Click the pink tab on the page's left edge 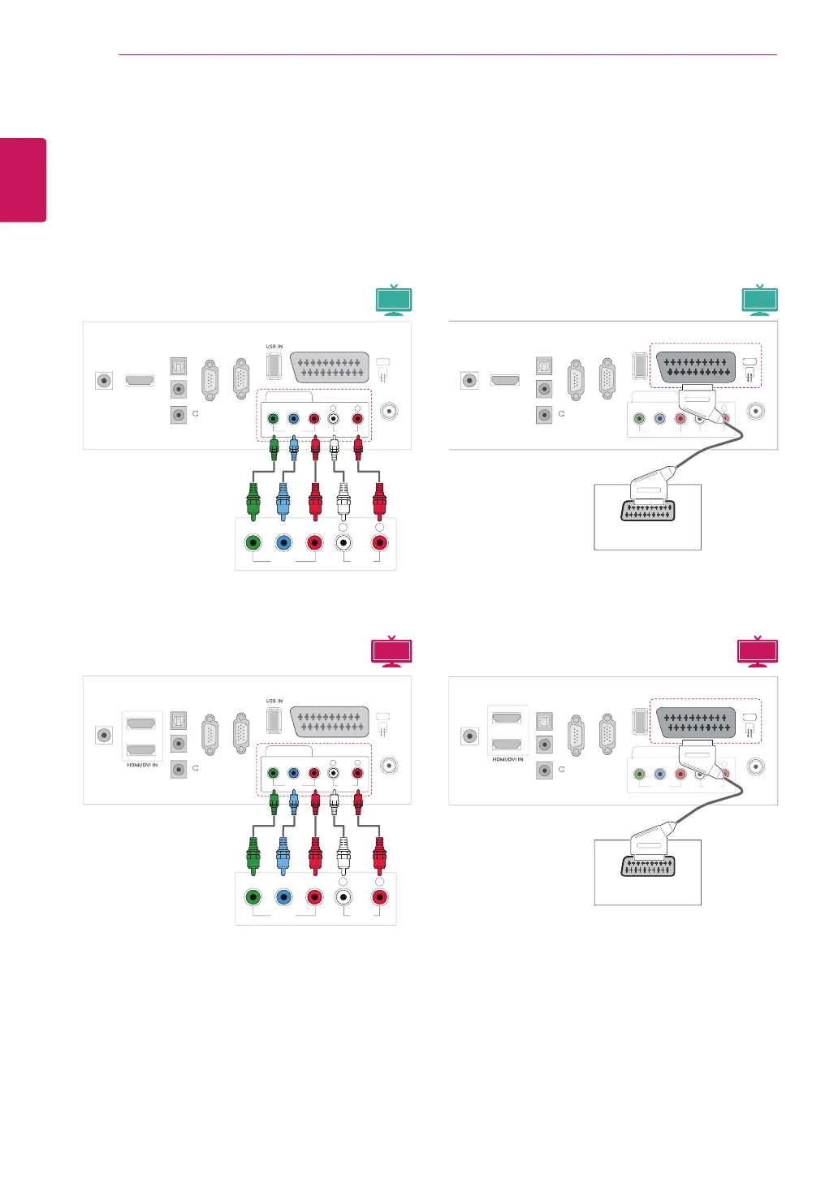pos(23,179)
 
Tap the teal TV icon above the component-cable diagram pos(394,300)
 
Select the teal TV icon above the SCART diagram pos(760,300)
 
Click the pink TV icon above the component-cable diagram pos(391,652)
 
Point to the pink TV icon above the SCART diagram pos(758,652)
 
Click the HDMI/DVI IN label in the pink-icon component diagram pos(142,765)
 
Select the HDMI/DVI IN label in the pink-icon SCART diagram pos(508,759)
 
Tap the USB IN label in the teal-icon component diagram pos(274,347)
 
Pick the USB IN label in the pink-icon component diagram pos(274,701)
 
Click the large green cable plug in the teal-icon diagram pos(253,502)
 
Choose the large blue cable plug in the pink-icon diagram pos(283,855)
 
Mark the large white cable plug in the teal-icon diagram pos(343,502)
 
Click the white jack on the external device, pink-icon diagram pos(343,897)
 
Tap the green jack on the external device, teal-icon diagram pos(253,542)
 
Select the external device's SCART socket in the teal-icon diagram pos(647,511)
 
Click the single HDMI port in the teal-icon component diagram pos(140,380)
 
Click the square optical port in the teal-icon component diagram pos(178,365)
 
